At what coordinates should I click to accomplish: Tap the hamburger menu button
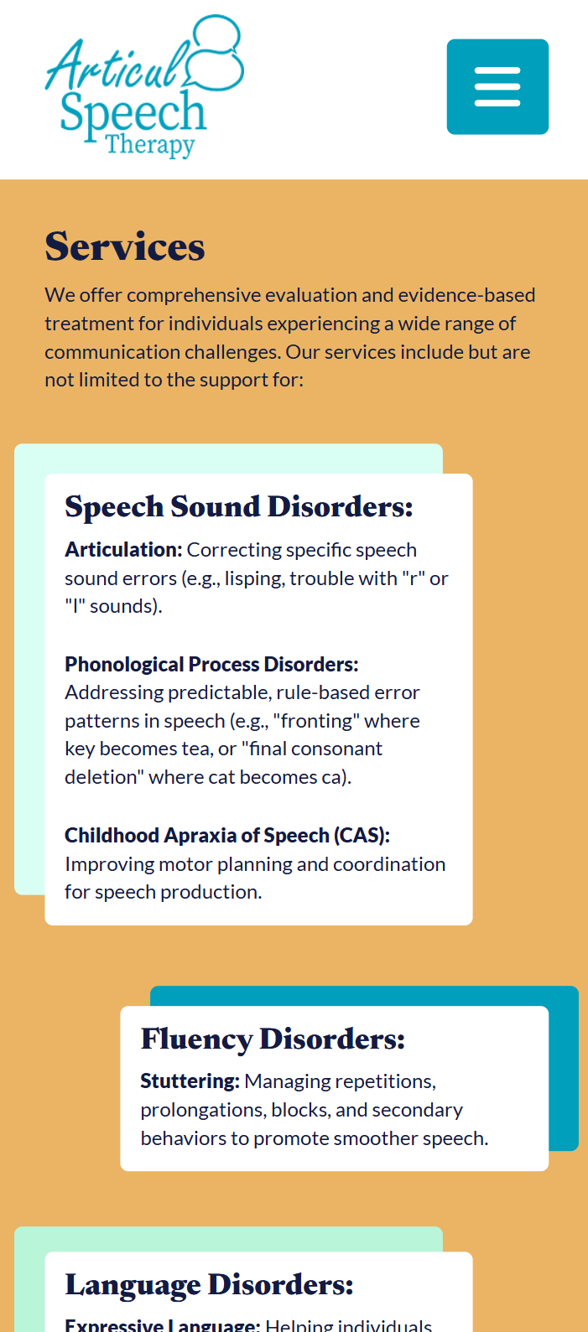[x=497, y=87]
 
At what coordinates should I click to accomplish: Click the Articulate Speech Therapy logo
[x=144, y=87]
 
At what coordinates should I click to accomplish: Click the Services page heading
[x=125, y=246]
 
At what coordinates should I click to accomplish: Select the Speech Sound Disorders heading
[x=239, y=507]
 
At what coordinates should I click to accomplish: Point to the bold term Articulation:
[x=124, y=549]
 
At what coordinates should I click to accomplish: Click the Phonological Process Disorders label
[x=212, y=664]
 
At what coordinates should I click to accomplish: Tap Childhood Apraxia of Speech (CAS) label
[x=227, y=836]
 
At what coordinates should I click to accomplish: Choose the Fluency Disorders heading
[x=273, y=1039]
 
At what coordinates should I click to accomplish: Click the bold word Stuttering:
[x=190, y=1081]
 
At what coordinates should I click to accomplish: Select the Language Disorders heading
[x=210, y=1285]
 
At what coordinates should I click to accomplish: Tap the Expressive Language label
[x=163, y=1325]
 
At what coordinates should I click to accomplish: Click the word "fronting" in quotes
[x=316, y=721]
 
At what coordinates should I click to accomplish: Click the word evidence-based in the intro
[x=466, y=295]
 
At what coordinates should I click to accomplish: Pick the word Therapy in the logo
[x=151, y=144]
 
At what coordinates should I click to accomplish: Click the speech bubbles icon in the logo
[x=215, y=53]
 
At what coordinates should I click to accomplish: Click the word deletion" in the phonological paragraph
[x=104, y=777]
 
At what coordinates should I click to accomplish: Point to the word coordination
[x=389, y=864]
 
